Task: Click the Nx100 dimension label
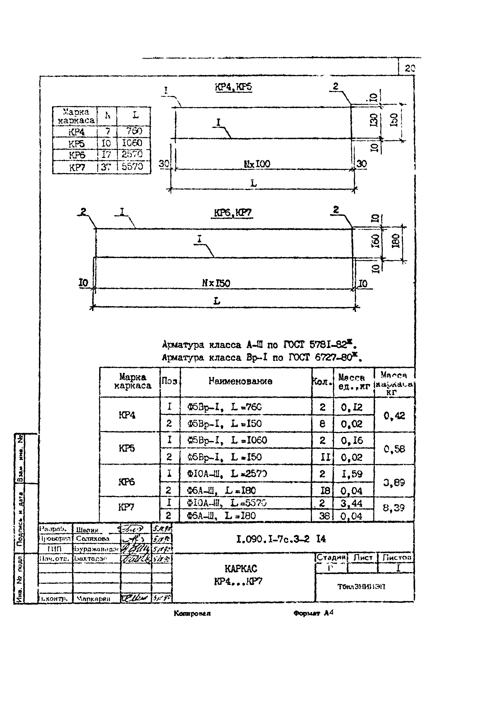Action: (x=257, y=164)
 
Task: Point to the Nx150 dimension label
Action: (x=216, y=283)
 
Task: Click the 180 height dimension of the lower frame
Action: (x=396, y=240)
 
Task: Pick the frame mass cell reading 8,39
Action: (x=393, y=508)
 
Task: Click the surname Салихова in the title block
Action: (x=93, y=538)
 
